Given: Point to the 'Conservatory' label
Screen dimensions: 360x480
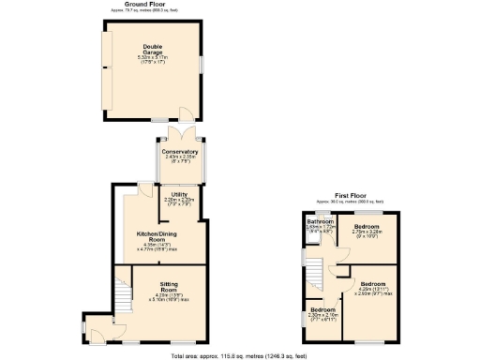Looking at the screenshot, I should coord(179,151).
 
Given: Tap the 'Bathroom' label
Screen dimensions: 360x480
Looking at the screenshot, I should coord(321,221).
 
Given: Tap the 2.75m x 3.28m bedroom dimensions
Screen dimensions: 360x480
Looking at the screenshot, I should coord(366,232).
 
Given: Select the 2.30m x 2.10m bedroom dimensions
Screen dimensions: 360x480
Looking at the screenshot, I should coord(323,316).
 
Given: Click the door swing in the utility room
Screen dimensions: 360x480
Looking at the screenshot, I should coord(142,191).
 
